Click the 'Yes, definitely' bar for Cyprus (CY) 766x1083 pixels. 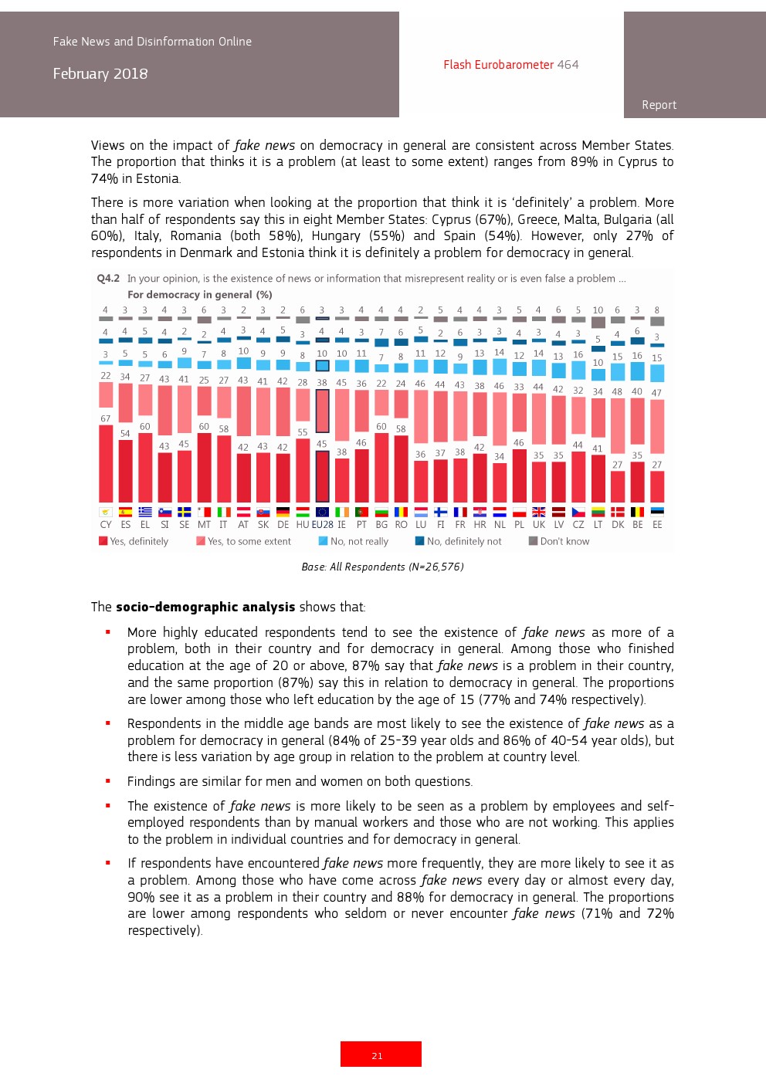pos(106,463)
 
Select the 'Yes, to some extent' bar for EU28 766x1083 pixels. pos(322,411)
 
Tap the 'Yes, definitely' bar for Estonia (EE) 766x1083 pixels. pos(657,486)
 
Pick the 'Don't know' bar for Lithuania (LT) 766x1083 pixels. pos(598,322)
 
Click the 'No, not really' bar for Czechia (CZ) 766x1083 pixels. pos(578,370)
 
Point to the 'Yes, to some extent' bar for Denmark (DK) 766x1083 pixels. pos(618,425)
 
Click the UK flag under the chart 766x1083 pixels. pos(539,512)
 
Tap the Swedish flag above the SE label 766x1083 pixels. pos(184,512)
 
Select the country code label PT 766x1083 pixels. pos(361,525)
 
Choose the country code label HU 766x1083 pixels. pos(303,525)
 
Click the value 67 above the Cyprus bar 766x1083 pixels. pos(106,418)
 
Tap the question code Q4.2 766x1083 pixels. pos(108,279)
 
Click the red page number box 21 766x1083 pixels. pos(381,1054)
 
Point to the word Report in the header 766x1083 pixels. pos(659,105)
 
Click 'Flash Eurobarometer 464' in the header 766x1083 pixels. pos(510,65)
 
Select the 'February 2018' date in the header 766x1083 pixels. pos(100,74)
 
